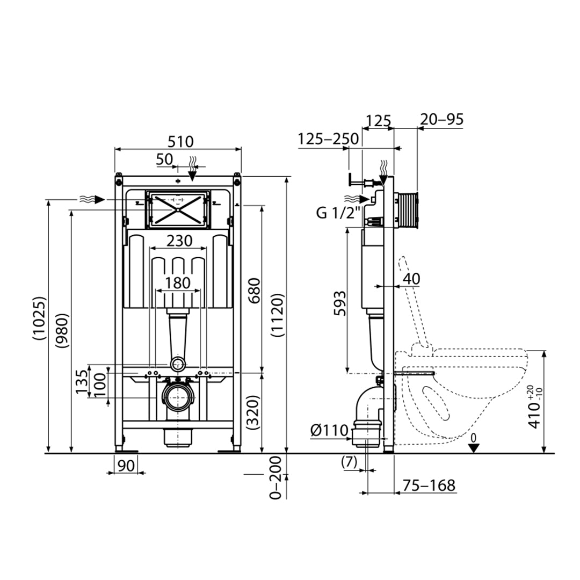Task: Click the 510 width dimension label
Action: pyautogui.click(x=180, y=142)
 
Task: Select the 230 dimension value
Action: pyautogui.click(x=178, y=241)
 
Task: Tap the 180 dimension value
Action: pyautogui.click(x=178, y=282)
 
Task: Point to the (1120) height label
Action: pyautogui.click(x=277, y=315)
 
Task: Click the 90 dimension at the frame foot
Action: pyautogui.click(x=126, y=465)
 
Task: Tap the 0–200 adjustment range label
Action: pyautogui.click(x=275, y=477)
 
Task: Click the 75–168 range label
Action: pyautogui.click(x=429, y=485)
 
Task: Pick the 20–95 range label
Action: pyautogui.click(x=441, y=120)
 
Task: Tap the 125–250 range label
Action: pyautogui.click(x=328, y=139)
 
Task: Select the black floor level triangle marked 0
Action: pyautogui.click(x=473, y=448)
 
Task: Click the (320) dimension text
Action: pyautogui.click(x=253, y=412)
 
